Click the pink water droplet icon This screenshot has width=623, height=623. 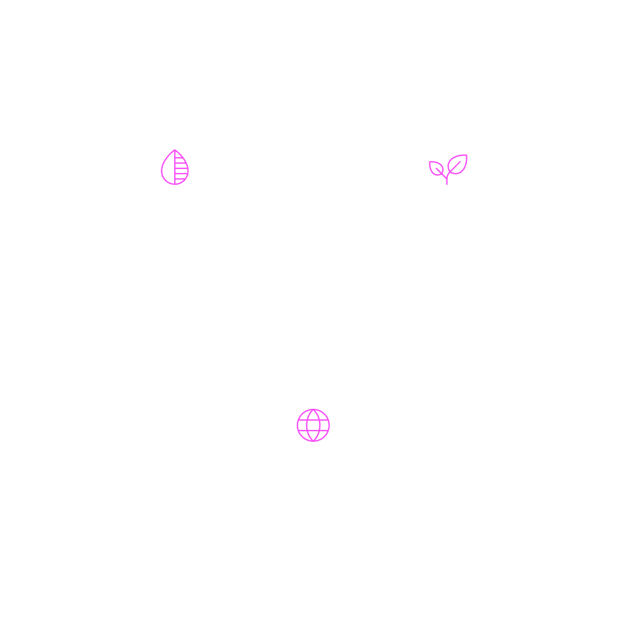175,168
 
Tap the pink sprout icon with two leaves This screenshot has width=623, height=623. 448,169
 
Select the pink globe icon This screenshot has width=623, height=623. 313,425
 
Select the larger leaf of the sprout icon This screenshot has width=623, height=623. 457,164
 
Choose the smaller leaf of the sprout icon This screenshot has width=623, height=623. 437,169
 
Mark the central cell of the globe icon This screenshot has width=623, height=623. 313,425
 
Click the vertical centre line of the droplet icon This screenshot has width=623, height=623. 175,170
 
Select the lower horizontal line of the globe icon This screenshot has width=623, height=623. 313,431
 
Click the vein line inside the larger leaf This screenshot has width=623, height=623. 456,165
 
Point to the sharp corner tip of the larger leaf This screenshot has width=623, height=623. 467,155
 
